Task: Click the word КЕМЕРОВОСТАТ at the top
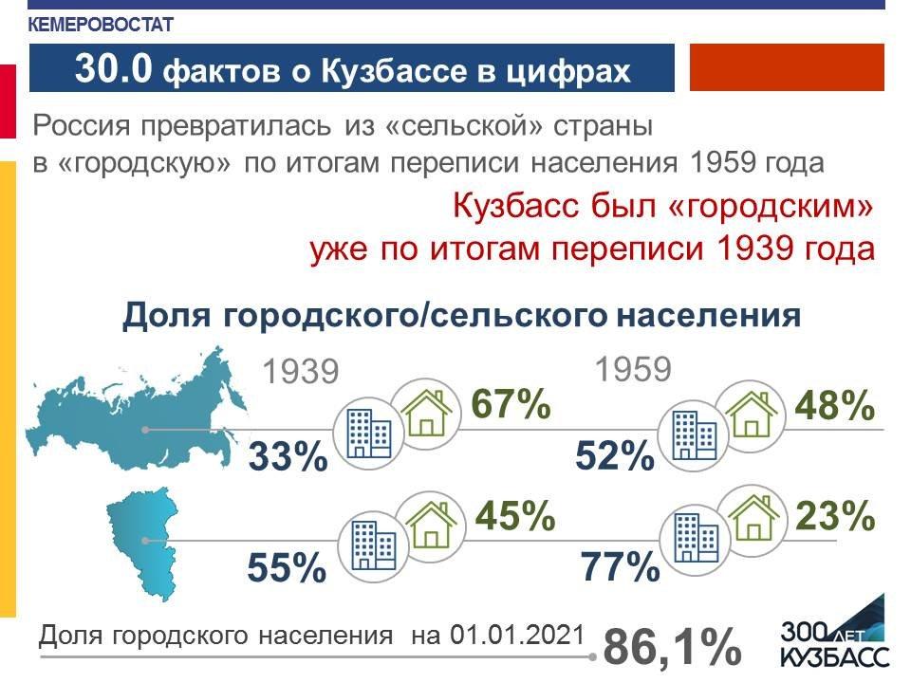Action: [x=102, y=25]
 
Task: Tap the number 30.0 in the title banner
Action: [x=113, y=68]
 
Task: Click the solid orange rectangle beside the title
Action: [x=787, y=67]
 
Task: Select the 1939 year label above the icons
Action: [x=301, y=372]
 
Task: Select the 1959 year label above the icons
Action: [x=633, y=369]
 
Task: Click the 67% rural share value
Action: [x=511, y=404]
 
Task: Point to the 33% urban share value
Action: [x=288, y=456]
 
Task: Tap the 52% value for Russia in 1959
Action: [x=615, y=454]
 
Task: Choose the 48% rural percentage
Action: [x=834, y=405]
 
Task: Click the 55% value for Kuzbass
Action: [x=287, y=567]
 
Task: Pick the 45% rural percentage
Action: [x=515, y=515]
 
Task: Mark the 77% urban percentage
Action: [x=620, y=566]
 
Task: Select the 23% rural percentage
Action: [x=835, y=515]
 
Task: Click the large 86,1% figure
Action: [x=672, y=646]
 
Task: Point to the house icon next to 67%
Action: [x=426, y=414]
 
